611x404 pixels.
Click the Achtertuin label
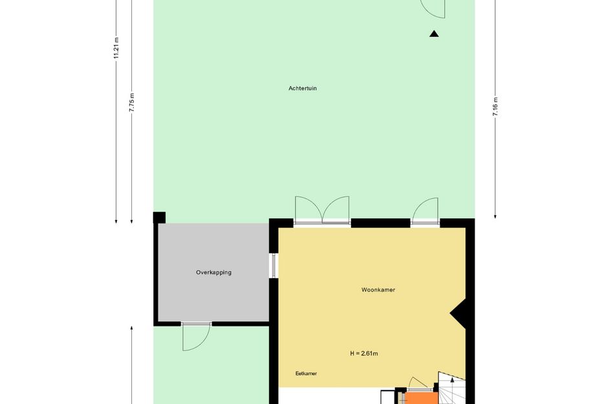303,89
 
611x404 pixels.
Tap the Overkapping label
213,273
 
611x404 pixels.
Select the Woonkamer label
378,290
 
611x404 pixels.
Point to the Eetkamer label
306,374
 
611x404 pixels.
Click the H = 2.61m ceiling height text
364,354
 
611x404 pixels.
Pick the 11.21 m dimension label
116,48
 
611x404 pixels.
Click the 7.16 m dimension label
495,107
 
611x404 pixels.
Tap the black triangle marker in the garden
434,34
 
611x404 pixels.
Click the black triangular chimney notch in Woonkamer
460,314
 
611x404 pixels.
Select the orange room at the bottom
422,398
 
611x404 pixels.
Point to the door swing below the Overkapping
197,337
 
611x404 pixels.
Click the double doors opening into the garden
322,210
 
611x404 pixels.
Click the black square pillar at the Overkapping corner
159,217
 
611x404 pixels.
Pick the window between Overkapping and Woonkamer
273,266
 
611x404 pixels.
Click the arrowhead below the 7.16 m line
495,216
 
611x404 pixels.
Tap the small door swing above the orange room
417,383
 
